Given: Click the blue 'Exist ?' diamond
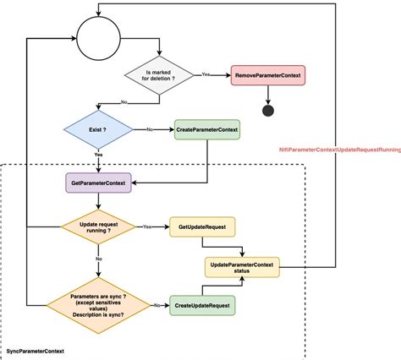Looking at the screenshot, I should (99, 130).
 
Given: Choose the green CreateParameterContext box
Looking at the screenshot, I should (207, 130).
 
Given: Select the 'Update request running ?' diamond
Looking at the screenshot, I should (99, 227).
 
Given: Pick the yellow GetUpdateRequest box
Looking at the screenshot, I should (202, 227).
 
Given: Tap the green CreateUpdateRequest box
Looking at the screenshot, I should (203, 303).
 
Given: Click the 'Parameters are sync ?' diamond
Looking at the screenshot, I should (98, 303).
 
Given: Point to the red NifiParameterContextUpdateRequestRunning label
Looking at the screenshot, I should (340, 149).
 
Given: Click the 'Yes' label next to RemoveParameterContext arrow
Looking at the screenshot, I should (206, 75).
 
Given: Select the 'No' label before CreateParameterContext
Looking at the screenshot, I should (151, 129).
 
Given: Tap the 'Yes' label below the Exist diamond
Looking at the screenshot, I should (99, 155).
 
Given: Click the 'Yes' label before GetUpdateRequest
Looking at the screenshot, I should (147, 226).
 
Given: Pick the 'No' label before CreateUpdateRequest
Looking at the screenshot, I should (157, 303).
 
